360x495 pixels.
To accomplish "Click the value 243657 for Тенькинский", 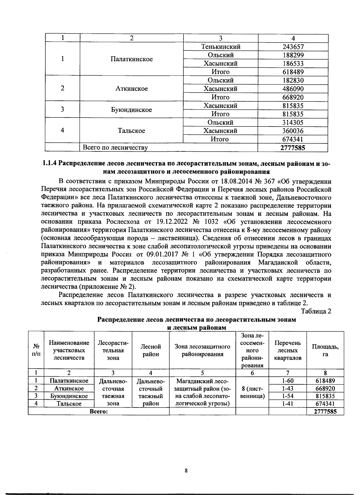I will (293, 47).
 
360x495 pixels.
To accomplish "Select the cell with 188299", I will (293, 55).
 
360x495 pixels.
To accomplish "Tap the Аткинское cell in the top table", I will (131, 89).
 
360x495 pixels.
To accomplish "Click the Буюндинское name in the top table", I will (131, 110).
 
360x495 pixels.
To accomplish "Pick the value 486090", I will (293, 89).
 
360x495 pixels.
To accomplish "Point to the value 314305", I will (293, 122).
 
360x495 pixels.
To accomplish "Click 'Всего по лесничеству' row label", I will (115, 148).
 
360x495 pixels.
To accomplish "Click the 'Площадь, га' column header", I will (325, 350).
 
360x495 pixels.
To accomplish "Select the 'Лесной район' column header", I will (151, 350).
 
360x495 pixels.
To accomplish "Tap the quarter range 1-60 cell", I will (287, 381).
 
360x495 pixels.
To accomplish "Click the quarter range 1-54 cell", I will (287, 396).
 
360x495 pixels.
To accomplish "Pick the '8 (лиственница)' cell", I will (252, 392).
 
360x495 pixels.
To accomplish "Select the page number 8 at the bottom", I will (186, 471).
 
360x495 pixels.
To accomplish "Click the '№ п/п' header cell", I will (36, 350).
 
